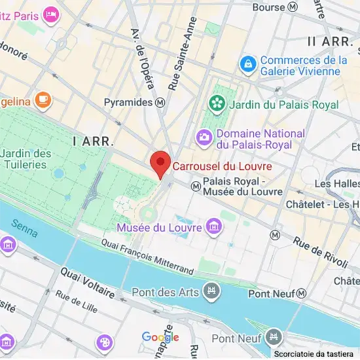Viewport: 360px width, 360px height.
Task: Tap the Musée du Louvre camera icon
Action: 213,227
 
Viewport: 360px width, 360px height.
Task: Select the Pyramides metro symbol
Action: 160,103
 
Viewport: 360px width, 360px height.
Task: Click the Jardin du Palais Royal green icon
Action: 215,103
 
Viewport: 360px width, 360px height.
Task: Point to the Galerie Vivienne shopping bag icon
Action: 248,64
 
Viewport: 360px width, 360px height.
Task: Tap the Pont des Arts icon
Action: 211,291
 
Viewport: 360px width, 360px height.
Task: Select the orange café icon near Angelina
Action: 43,99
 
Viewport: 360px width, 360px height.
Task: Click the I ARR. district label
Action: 94,141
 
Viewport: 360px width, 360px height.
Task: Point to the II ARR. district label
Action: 330,41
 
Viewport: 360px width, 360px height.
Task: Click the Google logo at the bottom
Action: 160,337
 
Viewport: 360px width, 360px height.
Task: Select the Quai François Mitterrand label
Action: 147,256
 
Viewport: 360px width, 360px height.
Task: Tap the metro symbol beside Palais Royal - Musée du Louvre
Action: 194,186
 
